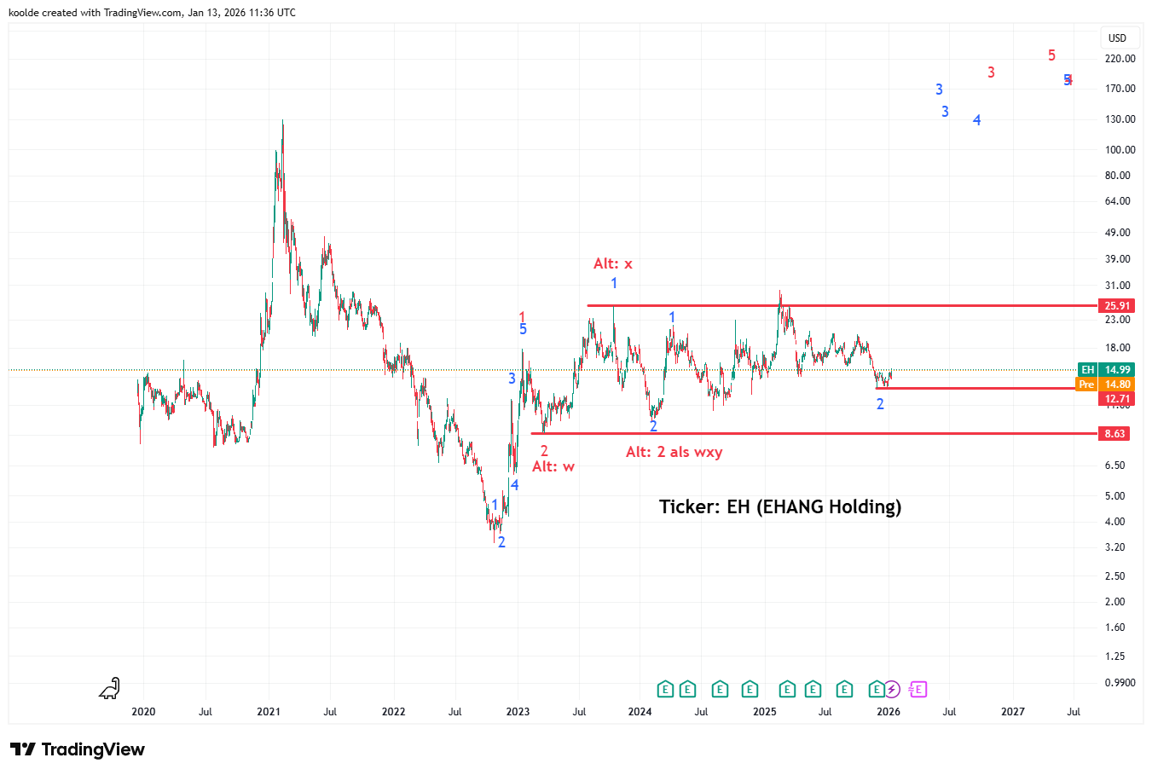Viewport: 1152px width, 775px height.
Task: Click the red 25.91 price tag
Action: pyautogui.click(x=1117, y=306)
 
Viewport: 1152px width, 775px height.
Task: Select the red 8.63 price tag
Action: pyautogui.click(x=1115, y=434)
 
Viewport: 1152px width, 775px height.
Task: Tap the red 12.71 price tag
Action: pyautogui.click(x=1117, y=399)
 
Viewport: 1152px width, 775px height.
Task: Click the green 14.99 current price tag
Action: pyautogui.click(x=1117, y=370)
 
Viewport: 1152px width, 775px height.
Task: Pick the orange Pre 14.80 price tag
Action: pyautogui.click(x=1117, y=385)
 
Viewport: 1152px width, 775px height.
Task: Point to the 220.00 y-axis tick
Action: pyautogui.click(x=1120, y=59)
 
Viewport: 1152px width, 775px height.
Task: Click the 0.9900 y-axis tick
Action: pyautogui.click(x=1120, y=683)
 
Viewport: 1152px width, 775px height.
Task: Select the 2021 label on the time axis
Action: pyautogui.click(x=269, y=712)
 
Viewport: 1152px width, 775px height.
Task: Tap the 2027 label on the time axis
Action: pyautogui.click(x=1013, y=712)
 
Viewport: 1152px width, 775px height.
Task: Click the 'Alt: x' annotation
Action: pyautogui.click(x=613, y=264)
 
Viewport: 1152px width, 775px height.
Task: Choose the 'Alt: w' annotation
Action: pyautogui.click(x=553, y=466)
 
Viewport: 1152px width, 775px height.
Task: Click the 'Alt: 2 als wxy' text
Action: pyautogui.click(x=674, y=452)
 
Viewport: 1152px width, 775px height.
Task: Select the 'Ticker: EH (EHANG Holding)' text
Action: pyautogui.click(x=780, y=507)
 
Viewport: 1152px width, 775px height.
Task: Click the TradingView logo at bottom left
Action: pyautogui.click(x=78, y=749)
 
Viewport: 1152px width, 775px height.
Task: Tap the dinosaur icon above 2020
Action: pyautogui.click(x=109, y=688)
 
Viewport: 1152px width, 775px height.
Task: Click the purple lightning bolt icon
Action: pyautogui.click(x=891, y=689)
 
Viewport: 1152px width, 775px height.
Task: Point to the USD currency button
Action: pyautogui.click(x=1117, y=38)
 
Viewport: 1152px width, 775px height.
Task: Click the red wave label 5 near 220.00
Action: pyautogui.click(x=1051, y=55)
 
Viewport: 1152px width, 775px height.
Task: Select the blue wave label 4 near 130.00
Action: pyautogui.click(x=977, y=120)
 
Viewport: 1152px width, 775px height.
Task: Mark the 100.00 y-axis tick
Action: pyautogui.click(x=1120, y=150)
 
